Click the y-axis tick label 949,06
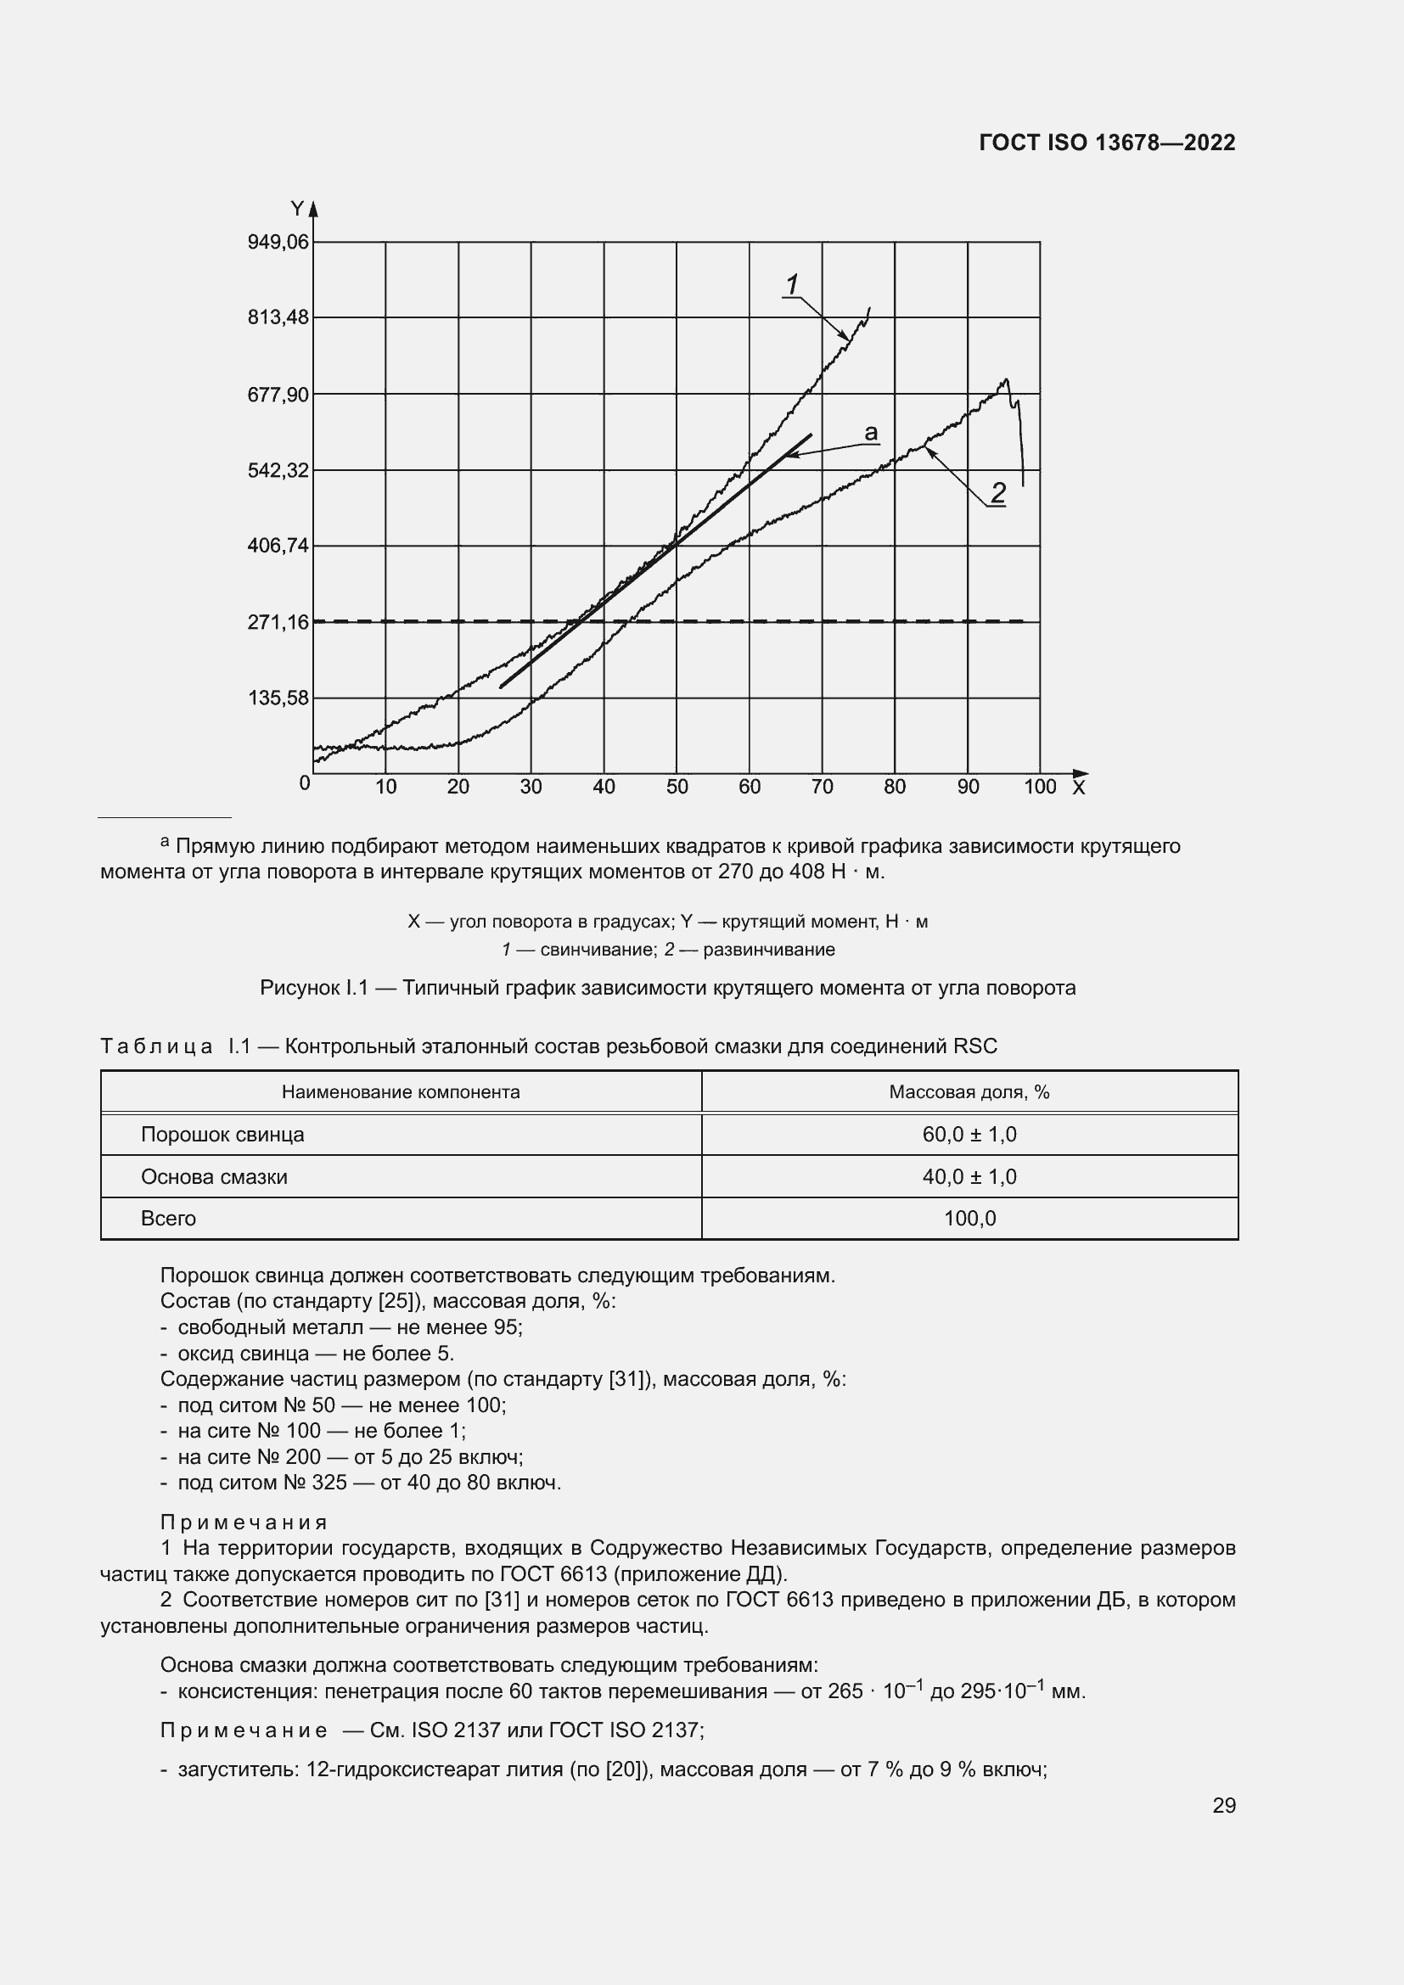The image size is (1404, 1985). pos(278,242)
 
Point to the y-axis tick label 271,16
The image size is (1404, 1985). pos(278,621)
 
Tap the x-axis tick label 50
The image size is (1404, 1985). pos(677,787)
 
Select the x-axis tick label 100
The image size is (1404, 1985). pos(1040,787)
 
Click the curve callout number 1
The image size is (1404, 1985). pos(792,283)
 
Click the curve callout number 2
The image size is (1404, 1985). pos(997,493)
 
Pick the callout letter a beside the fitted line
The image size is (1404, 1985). pos(871,432)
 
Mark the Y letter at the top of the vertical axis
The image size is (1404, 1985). pos(297,210)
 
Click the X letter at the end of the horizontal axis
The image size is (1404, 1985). pos(1078,788)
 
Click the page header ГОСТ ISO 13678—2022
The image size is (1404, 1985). pos(1108,143)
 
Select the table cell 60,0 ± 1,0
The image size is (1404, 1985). pos(969,1135)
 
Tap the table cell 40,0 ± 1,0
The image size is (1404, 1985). pos(969,1176)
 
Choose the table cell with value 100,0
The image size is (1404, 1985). pos(969,1218)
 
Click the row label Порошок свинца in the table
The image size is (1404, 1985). pos(222,1135)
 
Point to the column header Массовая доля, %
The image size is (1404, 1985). pos(969,1092)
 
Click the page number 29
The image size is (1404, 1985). pos(1223,1805)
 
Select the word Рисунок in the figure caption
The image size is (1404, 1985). pos(299,987)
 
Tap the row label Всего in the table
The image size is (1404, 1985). pos(169,1218)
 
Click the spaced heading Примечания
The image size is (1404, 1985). pos(244,1522)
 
